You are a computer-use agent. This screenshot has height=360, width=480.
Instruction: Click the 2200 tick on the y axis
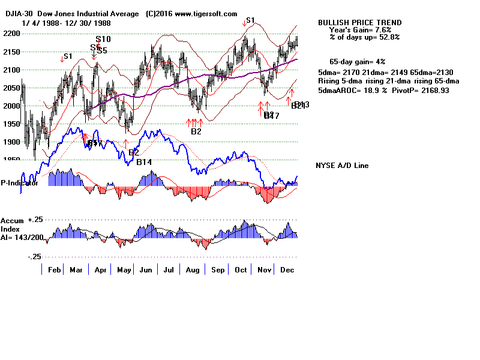[x=10, y=34]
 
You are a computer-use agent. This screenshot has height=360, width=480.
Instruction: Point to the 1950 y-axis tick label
[x=10, y=124]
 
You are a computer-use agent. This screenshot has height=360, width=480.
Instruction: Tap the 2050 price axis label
[x=10, y=88]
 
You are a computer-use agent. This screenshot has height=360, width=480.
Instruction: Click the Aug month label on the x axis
[x=192, y=271]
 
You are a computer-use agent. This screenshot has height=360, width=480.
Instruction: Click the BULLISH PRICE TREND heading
[x=359, y=23]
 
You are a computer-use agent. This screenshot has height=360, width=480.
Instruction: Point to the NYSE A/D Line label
[x=342, y=166]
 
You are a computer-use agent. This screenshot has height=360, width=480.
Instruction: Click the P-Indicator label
[x=20, y=183]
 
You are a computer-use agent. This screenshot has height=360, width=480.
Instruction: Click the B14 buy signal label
[x=143, y=162]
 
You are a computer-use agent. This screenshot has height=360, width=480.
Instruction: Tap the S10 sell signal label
[x=103, y=40]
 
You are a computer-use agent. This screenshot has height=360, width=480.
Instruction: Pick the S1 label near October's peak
[x=250, y=20]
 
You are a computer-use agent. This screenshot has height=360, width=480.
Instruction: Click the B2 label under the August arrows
[x=196, y=131]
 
